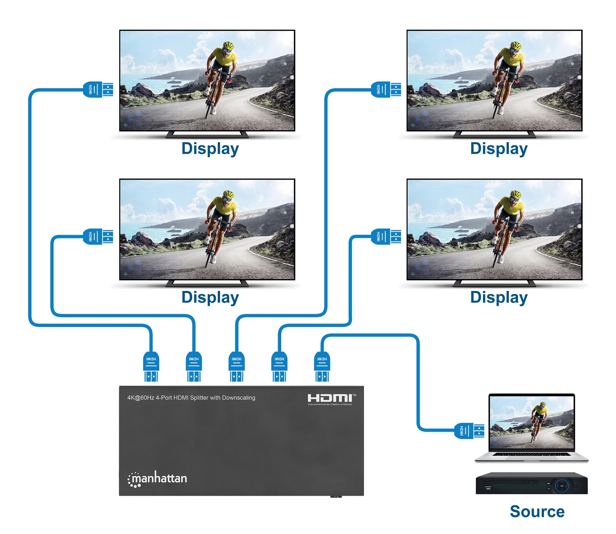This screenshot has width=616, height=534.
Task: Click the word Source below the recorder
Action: coord(537,511)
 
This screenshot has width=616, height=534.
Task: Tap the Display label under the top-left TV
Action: coord(210,149)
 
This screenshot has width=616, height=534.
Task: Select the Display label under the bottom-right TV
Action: coord(499,297)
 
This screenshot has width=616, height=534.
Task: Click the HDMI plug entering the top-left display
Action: coord(98,90)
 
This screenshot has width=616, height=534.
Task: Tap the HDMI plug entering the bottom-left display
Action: coord(98,237)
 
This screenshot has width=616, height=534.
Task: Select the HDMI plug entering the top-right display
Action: coord(386,90)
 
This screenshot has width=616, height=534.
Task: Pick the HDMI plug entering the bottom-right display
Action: coord(386,237)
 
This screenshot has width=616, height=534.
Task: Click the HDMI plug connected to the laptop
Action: coord(469,431)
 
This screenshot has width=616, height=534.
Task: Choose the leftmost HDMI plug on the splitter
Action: coord(151,367)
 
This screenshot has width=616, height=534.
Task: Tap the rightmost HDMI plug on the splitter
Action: coord(322,367)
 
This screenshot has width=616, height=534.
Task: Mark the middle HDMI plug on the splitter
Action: coord(237,367)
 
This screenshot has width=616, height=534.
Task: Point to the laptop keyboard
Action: coord(531,454)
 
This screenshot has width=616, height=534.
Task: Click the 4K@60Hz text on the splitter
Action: coord(141,398)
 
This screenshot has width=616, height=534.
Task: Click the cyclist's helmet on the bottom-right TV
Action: coord(516,195)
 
